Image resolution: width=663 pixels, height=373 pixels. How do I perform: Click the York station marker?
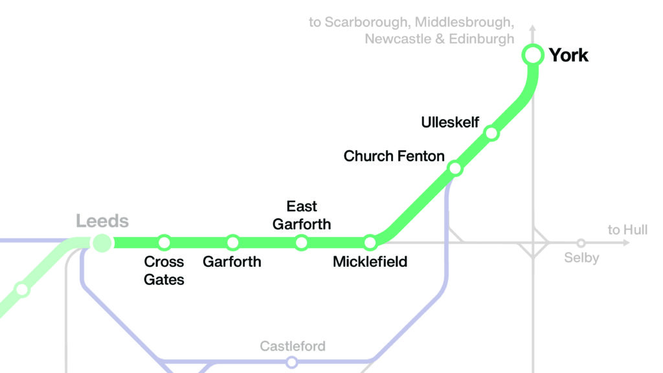tap(532, 55)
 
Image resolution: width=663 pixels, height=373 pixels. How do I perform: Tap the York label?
tap(568, 55)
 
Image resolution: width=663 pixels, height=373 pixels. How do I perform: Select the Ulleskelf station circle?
tap(491, 133)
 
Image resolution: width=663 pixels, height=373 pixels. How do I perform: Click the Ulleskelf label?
tap(450, 122)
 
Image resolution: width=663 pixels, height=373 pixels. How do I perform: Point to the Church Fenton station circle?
tap(455, 168)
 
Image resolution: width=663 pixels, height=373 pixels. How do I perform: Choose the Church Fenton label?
tap(394, 156)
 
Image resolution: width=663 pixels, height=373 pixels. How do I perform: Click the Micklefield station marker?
tap(370, 243)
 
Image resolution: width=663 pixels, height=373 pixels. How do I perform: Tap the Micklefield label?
tap(370, 262)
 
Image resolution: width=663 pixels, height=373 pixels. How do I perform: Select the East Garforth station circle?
tap(301, 243)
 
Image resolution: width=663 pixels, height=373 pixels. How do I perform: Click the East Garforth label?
tap(301, 215)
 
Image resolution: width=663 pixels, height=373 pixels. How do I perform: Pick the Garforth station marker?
tap(232, 243)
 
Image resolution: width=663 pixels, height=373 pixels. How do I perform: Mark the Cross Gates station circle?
tap(164, 243)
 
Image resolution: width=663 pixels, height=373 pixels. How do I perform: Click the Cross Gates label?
tap(164, 271)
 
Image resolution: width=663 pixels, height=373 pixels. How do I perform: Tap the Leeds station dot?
tap(102, 243)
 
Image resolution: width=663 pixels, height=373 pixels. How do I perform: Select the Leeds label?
tap(102, 221)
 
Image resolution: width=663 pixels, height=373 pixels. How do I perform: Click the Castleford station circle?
tap(292, 362)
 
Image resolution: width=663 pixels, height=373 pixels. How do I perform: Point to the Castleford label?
tap(293, 346)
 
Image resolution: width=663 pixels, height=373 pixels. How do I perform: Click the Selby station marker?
tap(581, 243)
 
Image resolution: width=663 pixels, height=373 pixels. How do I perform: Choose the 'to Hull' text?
tap(627, 230)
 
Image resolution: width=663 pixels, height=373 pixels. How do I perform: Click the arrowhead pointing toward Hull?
tap(625, 243)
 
